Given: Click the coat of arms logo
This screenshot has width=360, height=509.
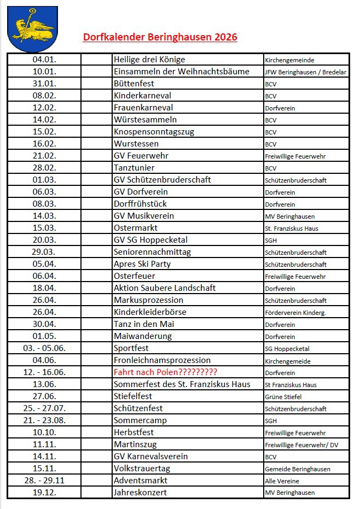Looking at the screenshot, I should [x=32, y=28].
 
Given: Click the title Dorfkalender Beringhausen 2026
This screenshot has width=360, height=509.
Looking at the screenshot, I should [x=160, y=38].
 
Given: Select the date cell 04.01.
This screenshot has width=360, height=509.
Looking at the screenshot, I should [x=44, y=60].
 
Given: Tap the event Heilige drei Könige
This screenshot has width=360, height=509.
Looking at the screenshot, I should [x=149, y=60].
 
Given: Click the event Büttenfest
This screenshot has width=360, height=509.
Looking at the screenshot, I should [x=134, y=84].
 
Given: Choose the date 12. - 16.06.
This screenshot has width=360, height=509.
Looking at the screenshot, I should [x=44, y=372].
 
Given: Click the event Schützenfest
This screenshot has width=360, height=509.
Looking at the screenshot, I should [x=138, y=408].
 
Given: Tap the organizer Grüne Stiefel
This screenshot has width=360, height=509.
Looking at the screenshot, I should [x=283, y=397].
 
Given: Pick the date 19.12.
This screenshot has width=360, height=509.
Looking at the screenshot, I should [x=44, y=493].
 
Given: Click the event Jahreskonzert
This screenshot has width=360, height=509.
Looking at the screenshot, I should [x=140, y=493].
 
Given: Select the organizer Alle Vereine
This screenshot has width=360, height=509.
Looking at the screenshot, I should [x=282, y=481].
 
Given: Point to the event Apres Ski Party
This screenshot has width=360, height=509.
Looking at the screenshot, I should [x=142, y=264].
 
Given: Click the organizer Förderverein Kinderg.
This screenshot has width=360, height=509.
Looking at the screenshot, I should [x=295, y=313].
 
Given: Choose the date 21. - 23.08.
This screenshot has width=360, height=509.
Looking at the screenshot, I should [x=44, y=420].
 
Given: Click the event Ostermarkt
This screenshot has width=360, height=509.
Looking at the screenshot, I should [x=136, y=228].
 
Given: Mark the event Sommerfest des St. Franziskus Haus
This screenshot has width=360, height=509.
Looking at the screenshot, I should [x=182, y=384].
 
